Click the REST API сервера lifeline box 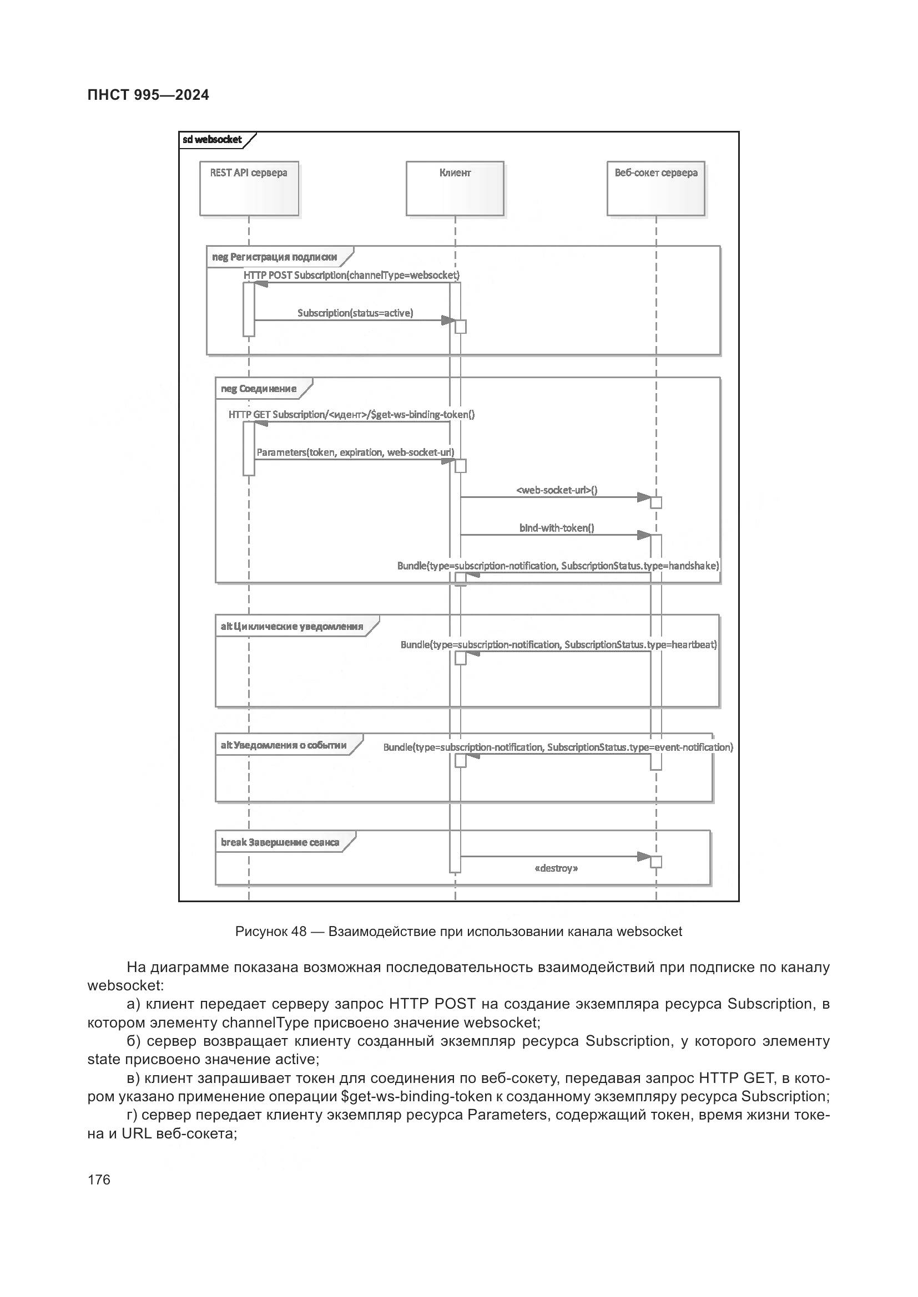pos(249,188)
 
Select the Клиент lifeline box pos(455,188)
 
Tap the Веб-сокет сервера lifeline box pos(655,188)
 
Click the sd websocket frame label pos(213,140)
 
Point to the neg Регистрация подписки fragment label pos(275,257)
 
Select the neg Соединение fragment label pos(259,389)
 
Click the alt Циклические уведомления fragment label pos(292,626)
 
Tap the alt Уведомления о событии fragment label pos(284,745)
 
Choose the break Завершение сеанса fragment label pos(280,842)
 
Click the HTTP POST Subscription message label pos(351,275)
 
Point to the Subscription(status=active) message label pos(355,313)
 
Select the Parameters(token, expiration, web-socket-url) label pos(355,452)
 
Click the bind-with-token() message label pos(556,527)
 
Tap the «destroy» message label pos(556,868)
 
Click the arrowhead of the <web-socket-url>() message pos(643,497)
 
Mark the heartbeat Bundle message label pos(558,644)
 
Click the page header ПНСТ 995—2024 pos(148,95)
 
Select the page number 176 pos(99,1179)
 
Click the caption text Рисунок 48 pos(270,932)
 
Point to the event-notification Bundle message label pos(557,747)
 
